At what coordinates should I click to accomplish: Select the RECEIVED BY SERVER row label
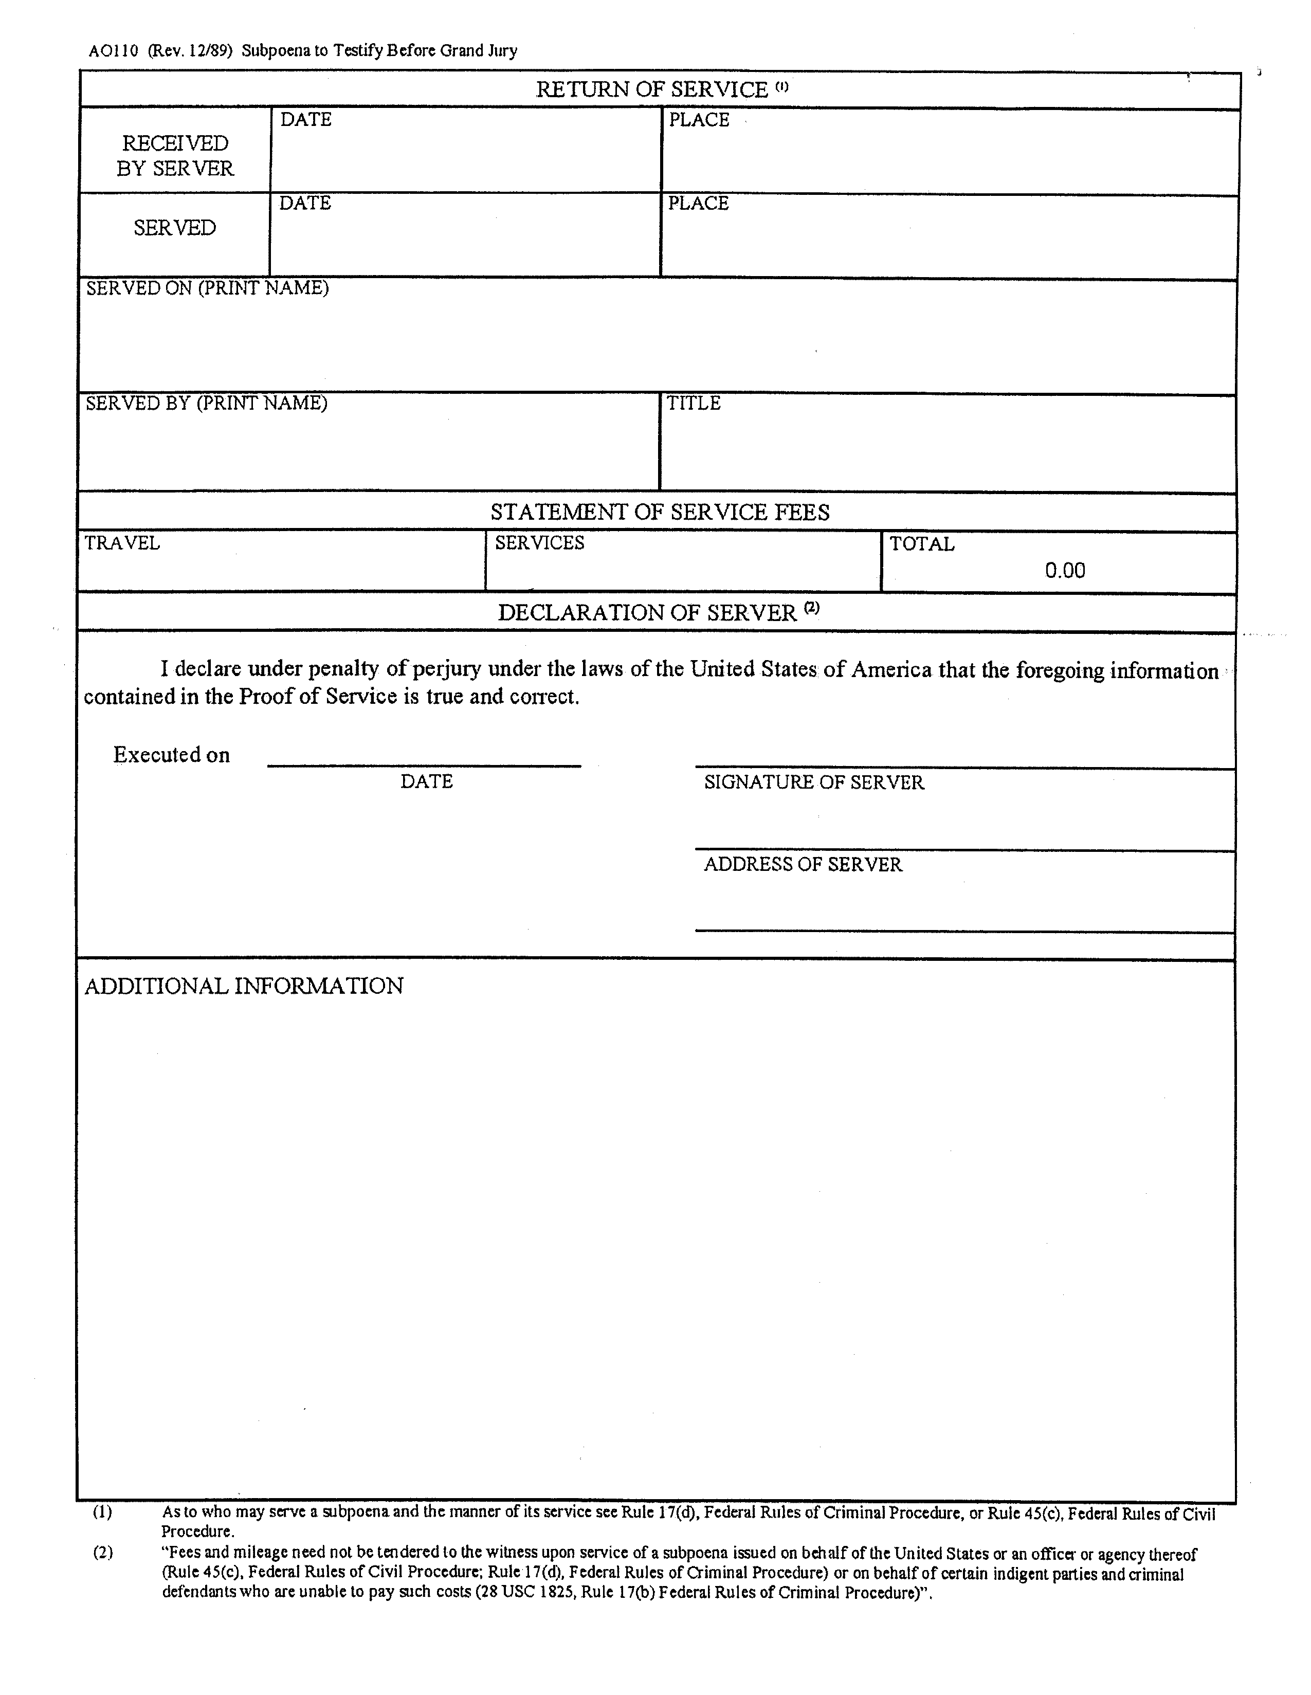point(175,155)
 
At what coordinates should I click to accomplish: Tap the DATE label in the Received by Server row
point(306,119)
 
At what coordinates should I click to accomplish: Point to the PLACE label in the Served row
point(699,204)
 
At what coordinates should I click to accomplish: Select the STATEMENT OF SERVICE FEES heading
point(660,512)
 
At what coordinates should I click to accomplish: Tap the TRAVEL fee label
point(122,543)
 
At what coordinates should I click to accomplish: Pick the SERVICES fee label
point(539,543)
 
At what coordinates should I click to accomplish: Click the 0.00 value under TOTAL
point(1064,571)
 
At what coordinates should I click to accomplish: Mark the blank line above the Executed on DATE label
point(424,765)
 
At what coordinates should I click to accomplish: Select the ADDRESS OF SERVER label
point(803,865)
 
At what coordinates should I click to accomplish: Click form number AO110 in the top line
point(113,51)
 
